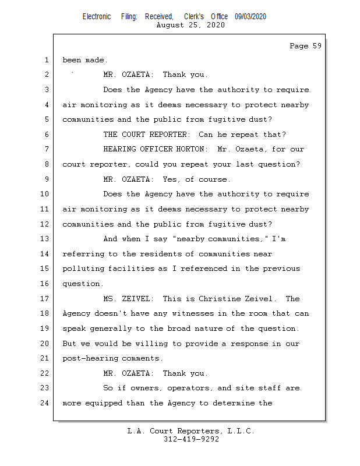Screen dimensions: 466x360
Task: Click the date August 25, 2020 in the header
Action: click(x=191, y=25)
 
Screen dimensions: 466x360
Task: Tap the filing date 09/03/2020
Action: click(x=250, y=16)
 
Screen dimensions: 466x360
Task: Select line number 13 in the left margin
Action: click(x=45, y=239)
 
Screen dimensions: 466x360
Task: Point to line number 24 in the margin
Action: click(x=45, y=403)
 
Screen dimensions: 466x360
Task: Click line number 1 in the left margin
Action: click(x=45, y=60)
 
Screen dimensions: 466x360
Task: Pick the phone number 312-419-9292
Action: click(x=192, y=440)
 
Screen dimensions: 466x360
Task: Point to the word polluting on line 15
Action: click(x=83, y=269)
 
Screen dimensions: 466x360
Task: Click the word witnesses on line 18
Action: click(x=183, y=313)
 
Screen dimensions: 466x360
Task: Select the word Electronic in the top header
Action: click(x=97, y=16)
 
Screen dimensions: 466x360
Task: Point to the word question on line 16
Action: click(x=83, y=284)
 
